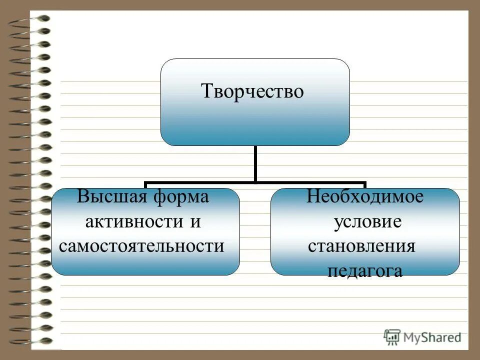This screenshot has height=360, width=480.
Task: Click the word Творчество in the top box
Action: pos(252,91)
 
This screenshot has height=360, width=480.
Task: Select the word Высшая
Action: pos(105,196)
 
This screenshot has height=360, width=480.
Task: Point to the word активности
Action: pos(132,221)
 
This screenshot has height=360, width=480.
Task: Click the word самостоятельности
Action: pos(141,245)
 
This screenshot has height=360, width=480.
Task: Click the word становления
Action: pos(361,245)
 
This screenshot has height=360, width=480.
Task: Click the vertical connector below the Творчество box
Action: pos(255,163)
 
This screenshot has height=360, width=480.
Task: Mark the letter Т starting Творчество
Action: pos(205,92)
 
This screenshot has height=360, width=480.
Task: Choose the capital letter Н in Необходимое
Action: pos(312,196)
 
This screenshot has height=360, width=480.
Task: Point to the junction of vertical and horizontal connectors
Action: pos(255,182)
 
